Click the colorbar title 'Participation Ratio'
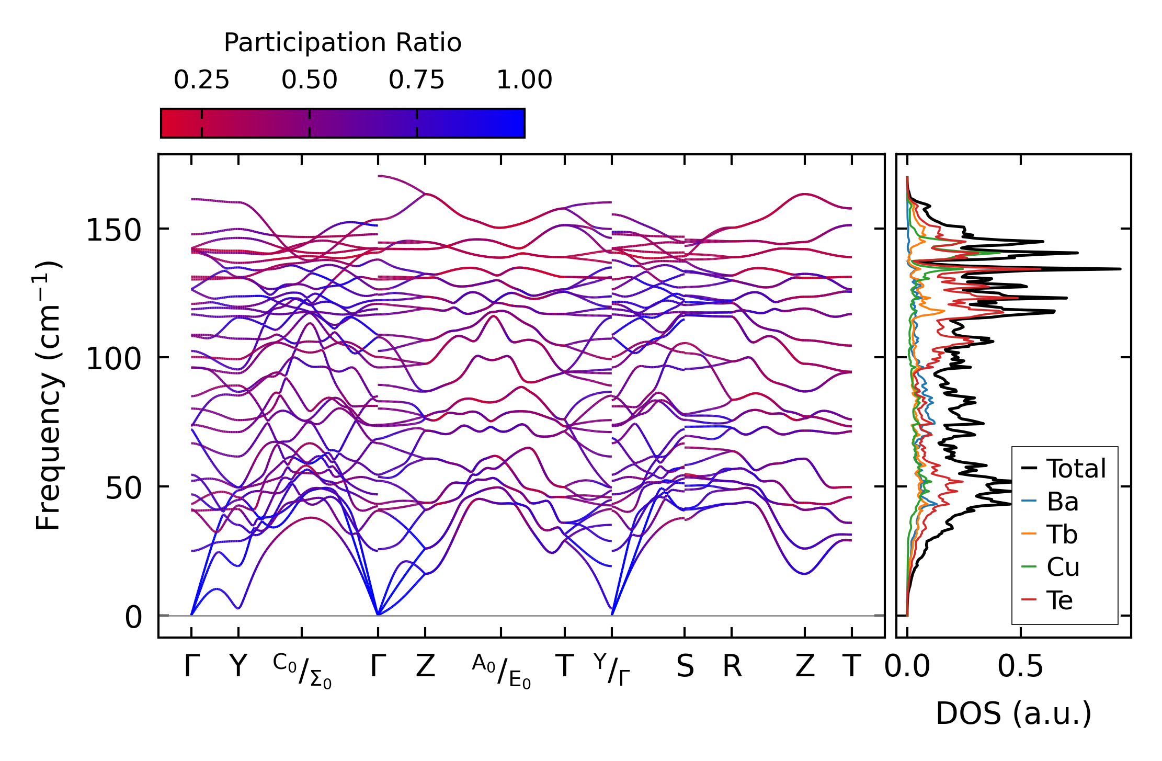pos(343,43)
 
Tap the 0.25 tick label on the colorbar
pos(201,81)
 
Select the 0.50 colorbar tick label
pos(309,81)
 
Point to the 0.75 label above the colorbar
pos(416,81)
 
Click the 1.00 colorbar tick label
pos(524,81)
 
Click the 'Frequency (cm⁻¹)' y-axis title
pos(48,395)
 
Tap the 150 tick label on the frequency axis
pos(113,230)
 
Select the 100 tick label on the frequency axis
pos(113,359)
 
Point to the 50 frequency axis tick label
pos(123,489)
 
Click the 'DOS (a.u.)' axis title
pos(1013,714)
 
